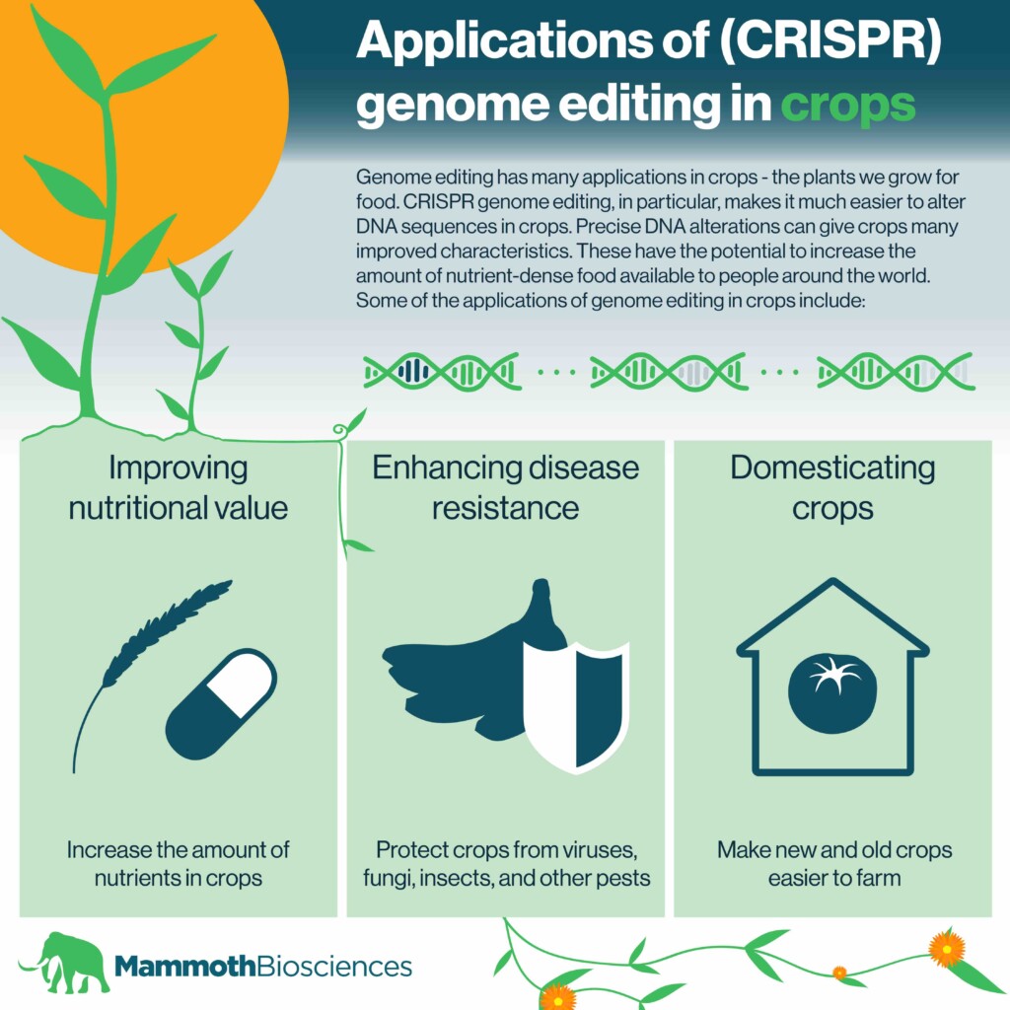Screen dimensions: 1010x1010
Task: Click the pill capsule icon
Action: pyautogui.click(x=221, y=703)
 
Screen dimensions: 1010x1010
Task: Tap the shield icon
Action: pyautogui.click(x=575, y=706)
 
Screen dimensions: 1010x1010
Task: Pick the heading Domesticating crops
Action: pyautogui.click(x=832, y=487)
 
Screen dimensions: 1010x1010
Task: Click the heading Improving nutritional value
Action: pyautogui.click(x=179, y=487)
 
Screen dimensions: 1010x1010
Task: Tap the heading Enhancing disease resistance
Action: pyautogui.click(x=505, y=487)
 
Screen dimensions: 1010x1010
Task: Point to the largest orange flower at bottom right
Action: pyautogui.click(x=946, y=948)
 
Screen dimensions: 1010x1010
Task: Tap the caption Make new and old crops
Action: pyautogui.click(x=833, y=849)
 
